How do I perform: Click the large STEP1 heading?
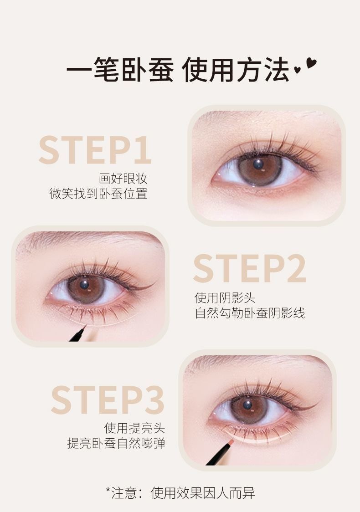[x=95, y=150]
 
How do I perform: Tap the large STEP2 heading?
[x=250, y=268]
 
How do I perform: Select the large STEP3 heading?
[x=108, y=399]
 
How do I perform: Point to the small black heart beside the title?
[x=297, y=69]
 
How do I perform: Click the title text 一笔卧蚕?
[x=120, y=69]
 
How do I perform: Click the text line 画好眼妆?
[x=123, y=178]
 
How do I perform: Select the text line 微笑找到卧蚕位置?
[x=98, y=193]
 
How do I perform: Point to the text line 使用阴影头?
[x=225, y=297]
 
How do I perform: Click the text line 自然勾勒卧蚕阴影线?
[x=250, y=313]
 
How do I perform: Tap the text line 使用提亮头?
[x=134, y=428]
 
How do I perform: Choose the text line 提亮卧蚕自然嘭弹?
[x=116, y=443]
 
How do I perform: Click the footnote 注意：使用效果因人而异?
[x=180, y=493]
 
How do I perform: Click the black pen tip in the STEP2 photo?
[x=85, y=326]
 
